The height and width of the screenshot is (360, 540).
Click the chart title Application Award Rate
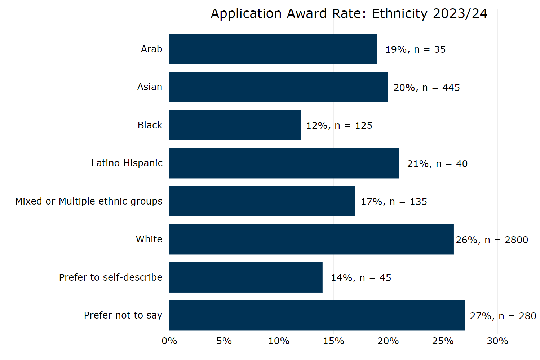(x=349, y=14)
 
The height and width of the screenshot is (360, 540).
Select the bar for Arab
(x=273, y=49)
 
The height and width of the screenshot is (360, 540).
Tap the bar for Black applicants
(x=235, y=125)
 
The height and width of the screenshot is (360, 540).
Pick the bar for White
(x=311, y=239)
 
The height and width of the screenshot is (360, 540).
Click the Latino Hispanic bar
(x=284, y=163)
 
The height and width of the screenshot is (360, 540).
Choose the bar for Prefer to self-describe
(x=245, y=277)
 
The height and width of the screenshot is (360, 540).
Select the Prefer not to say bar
(x=317, y=315)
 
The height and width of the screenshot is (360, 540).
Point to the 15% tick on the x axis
(x=333, y=341)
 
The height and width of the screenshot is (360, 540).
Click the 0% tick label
(x=169, y=341)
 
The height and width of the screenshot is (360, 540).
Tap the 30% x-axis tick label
(x=497, y=341)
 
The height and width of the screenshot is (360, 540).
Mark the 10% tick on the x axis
(x=279, y=341)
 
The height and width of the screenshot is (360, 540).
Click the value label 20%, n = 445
(x=426, y=88)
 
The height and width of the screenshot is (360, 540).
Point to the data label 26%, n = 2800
(x=492, y=240)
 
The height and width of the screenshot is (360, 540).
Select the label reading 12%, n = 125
(x=339, y=126)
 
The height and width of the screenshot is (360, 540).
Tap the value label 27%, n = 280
(x=503, y=316)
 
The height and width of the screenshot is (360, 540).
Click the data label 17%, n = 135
(x=394, y=202)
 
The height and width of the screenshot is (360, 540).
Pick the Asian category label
(x=150, y=87)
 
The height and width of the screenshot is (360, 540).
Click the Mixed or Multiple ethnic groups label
(x=89, y=201)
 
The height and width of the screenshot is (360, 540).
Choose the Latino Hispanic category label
(x=127, y=163)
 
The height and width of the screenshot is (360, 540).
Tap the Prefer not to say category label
(x=123, y=315)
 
